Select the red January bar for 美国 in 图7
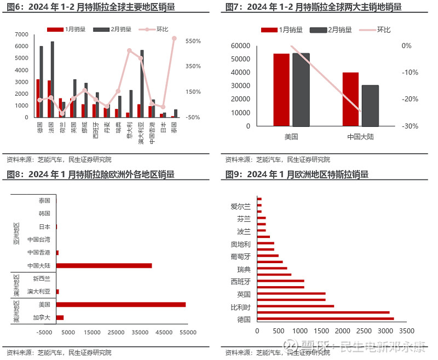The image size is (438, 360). click(281, 90)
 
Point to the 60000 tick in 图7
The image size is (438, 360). click(241, 46)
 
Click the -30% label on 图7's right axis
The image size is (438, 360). click(411, 126)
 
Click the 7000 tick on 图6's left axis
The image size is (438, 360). click(21, 34)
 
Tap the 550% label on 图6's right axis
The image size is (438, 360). click(193, 41)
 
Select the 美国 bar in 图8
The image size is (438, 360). click(120, 304)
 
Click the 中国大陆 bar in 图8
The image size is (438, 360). click(103, 265)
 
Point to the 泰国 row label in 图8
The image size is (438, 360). click(44, 201)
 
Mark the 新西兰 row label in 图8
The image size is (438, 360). click(41, 278)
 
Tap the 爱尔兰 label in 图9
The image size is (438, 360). click(240, 206)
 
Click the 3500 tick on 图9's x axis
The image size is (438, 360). click(406, 331)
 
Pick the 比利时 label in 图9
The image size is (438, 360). click(240, 307)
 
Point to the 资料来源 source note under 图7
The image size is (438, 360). click(278, 160)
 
